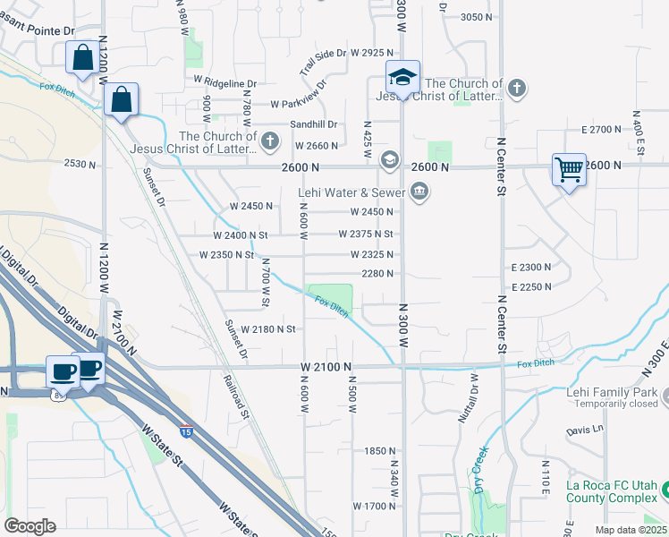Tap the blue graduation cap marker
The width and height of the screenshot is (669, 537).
point(402,77)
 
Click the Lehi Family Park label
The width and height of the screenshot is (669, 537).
point(612,392)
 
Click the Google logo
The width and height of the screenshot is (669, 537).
point(30,526)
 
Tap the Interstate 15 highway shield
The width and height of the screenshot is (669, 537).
point(185,430)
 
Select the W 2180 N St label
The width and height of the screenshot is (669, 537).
point(267,329)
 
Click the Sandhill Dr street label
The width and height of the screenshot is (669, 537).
point(313,124)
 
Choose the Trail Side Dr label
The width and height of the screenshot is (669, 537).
point(323,62)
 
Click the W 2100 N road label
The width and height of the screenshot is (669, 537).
point(326,367)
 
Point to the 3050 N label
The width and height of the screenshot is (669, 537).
point(477,17)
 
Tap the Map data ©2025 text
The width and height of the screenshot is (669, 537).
point(631,530)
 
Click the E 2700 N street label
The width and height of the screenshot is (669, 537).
point(600,130)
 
